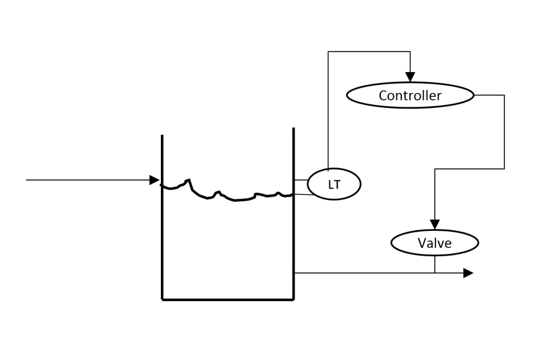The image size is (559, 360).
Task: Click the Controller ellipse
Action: tap(409, 96)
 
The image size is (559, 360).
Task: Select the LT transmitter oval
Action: tap(334, 184)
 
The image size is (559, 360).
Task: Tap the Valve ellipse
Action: tap(434, 243)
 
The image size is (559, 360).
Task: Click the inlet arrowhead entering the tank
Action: tap(155, 180)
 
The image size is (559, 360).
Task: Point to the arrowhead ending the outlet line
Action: tap(468, 272)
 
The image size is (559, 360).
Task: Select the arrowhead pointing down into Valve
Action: tap(435, 224)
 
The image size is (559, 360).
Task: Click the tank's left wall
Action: tap(162, 248)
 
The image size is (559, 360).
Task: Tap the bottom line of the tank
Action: tap(227, 299)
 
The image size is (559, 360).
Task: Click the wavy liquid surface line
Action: tap(236, 199)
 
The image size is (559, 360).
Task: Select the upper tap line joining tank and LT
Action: tap(301, 180)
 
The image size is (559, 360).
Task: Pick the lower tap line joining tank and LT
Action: tap(301, 195)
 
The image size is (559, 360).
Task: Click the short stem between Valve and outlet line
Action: tap(435, 264)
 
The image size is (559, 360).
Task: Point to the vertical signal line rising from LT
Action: tap(329, 112)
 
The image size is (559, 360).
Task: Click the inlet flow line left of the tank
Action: tap(87, 180)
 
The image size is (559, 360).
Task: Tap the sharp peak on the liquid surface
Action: tap(189, 179)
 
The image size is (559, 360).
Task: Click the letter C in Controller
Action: tap(383, 96)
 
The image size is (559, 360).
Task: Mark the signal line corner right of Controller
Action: tap(504, 96)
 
